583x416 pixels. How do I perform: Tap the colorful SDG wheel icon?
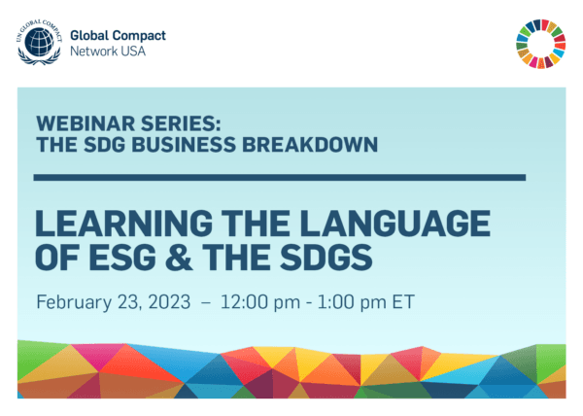tap(540, 44)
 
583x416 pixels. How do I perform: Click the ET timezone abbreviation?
tap(402, 301)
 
